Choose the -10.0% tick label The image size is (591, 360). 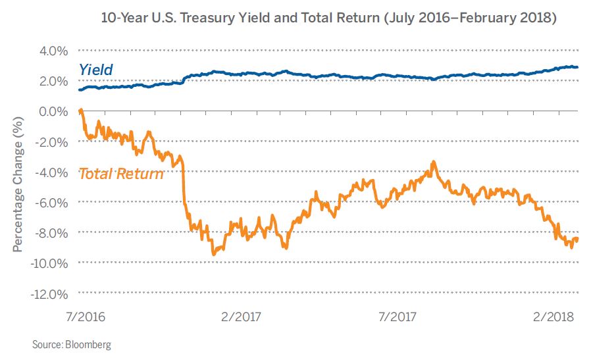(x=49, y=263)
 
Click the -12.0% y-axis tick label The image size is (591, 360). (x=49, y=293)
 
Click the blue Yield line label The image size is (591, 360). (x=96, y=69)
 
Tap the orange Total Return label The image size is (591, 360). (x=121, y=174)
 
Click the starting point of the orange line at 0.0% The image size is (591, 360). (x=80, y=111)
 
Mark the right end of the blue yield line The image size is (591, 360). (x=577, y=67)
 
